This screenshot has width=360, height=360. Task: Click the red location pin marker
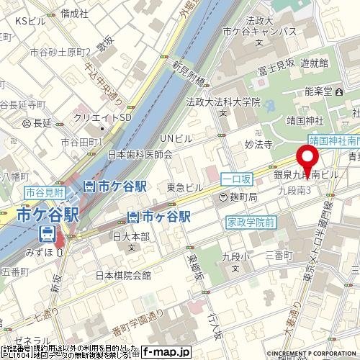coord(308,162)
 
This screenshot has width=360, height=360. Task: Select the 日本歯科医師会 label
coord(140,154)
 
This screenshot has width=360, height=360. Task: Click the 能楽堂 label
coord(318,91)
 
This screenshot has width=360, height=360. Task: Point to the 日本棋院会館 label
coord(123,275)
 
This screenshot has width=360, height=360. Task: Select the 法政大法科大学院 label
coord(223,102)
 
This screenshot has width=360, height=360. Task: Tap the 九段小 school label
coord(235,256)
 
